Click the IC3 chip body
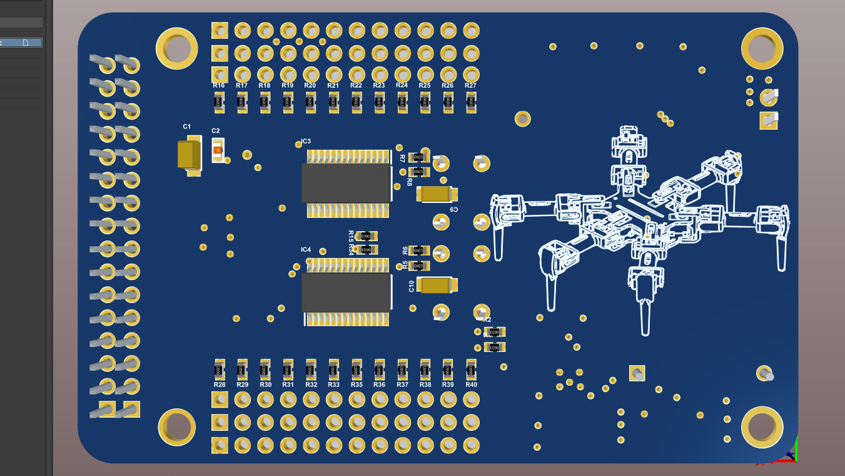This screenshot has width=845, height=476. click(347, 183)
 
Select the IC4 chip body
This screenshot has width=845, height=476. click(347, 292)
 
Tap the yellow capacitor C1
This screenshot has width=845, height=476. click(190, 155)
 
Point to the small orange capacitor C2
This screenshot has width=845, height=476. click(218, 150)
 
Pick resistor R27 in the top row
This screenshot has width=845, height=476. click(471, 101)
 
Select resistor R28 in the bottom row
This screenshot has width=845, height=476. click(219, 370)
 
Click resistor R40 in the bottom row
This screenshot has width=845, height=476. click(471, 370)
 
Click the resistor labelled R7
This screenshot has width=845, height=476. click(418, 157)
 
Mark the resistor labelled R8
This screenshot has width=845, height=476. click(418, 172)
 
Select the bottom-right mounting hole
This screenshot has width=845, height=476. click(762, 427)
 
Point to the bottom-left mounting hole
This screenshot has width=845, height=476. click(176, 427)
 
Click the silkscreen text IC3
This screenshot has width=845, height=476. click(306, 142)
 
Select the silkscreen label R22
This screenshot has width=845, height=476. click(356, 86)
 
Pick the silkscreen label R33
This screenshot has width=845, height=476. click(333, 385)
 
